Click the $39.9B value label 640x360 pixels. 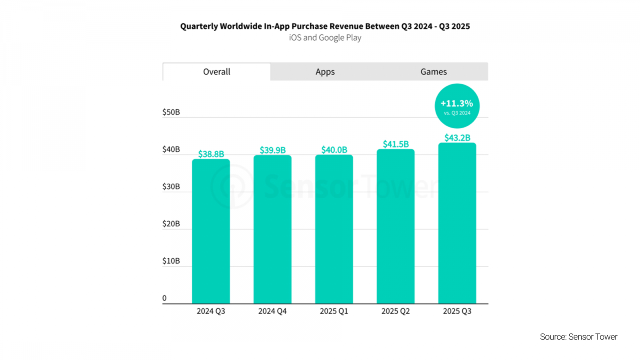[x=272, y=150]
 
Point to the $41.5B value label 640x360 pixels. [x=396, y=144]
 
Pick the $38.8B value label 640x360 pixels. [x=211, y=154]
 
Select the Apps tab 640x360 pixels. [x=325, y=72]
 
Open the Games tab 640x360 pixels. [x=434, y=72]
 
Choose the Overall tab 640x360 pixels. [x=216, y=72]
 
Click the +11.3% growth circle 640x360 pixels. [x=457, y=106]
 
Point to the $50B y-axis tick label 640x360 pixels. [x=171, y=112]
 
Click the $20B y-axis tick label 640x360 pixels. [x=171, y=224]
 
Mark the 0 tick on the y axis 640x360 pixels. [x=164, y=298]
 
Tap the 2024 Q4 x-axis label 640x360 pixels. [x=272, y=311]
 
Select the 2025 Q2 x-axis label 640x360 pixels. [x=396, y=311]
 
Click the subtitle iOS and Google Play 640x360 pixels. [x=325, y=38]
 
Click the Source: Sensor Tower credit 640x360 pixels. [x=578, y=337]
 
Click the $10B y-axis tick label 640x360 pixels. [x=171, y=261]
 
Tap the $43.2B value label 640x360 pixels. [x=457, y=138]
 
